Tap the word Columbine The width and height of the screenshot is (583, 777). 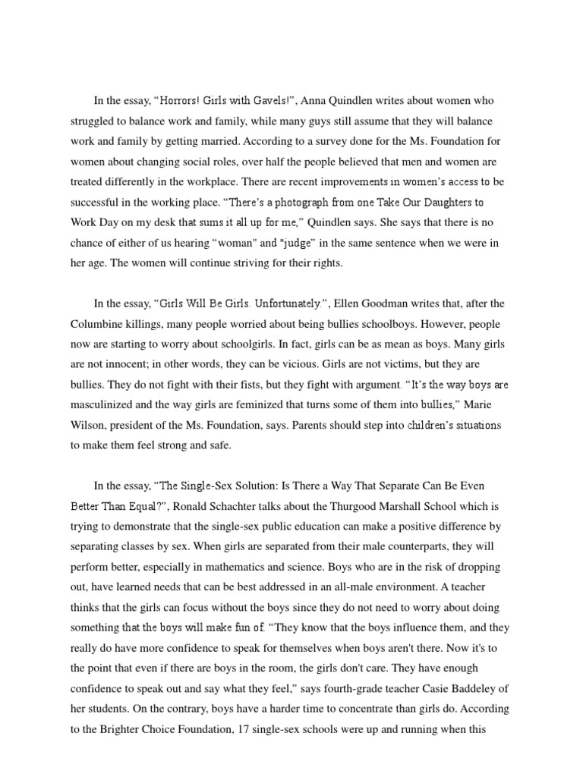tap(98, 324)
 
